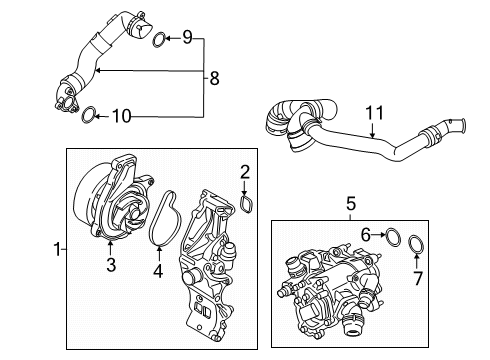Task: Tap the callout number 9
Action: point(187,38)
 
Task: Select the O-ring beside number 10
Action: point(89,116)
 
